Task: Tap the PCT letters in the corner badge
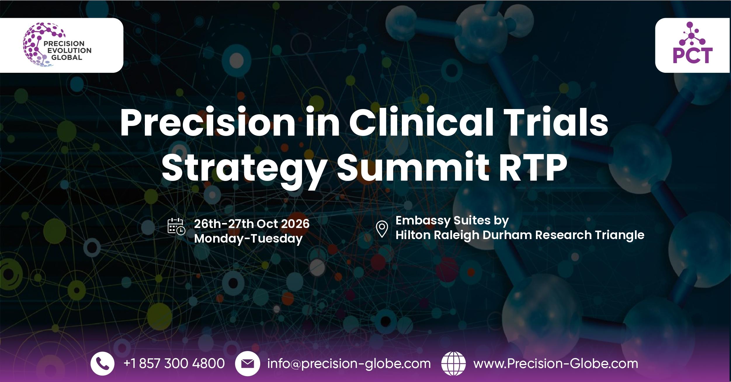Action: pos(693,56)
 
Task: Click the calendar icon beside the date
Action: pos(176,226)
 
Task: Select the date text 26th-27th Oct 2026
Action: pos(252,224)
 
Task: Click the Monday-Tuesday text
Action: pos(248,238)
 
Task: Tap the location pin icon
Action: pos(382,229)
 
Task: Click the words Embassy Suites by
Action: pos(452,221)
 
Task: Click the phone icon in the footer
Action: pos(102,364)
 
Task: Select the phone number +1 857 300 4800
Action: pos(174,364)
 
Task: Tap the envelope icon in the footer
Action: pos(247,364)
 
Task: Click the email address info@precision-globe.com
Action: pos(349,364)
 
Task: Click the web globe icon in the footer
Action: pos(453,364)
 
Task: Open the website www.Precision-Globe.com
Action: pos(556,364)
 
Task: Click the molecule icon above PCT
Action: pos(692,34)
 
